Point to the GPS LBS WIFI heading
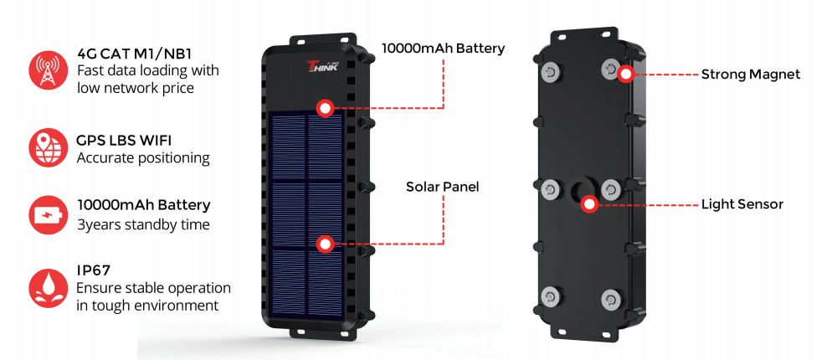tap(123, 141)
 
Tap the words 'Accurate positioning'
tap(143, 157)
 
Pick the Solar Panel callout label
tap(443, 187)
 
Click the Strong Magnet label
tap(751, 75)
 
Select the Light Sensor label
tap(742, 204)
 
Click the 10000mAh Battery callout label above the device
tap(443, 49)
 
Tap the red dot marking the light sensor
tap(590, 203)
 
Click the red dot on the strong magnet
tap(625, 75)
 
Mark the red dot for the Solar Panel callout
tap(326, 244)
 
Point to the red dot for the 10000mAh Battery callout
tap(325, 107)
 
